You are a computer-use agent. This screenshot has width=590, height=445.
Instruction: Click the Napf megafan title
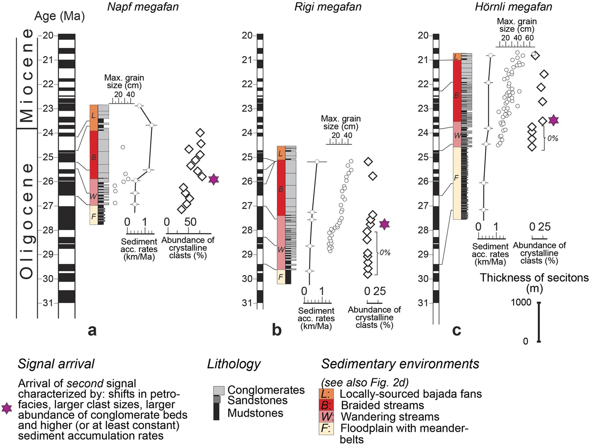[x=143, y=7]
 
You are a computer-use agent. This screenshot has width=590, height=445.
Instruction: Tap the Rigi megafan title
[x=328, y=7]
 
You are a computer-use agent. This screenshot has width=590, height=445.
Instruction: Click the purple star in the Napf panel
[x=214, y=179]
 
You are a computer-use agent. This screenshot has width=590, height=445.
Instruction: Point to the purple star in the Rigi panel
[x=384, y=224]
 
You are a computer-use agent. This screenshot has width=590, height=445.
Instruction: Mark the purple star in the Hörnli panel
[x=554, y=120]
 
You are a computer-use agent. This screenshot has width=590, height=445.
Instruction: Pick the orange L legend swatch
[x=326, y=394]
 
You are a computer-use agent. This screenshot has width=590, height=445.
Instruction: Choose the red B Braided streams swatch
[x=326, y=405]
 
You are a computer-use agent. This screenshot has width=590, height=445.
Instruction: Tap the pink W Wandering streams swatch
[x=326, y=417]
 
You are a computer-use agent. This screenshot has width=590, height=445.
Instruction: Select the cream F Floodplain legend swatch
[x=326, y=429]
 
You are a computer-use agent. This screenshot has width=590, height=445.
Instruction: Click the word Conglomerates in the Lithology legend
[x=266, y=390]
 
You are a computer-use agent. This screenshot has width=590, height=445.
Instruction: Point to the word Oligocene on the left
[x=27, y=221]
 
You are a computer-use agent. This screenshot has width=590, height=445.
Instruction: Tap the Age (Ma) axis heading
[x=60, y=16]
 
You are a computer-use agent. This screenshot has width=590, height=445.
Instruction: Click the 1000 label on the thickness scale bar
[x=521, y=302]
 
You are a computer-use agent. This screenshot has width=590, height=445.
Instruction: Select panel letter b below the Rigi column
[x=276, y=330]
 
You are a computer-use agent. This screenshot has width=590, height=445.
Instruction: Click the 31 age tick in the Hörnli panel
[x=423, y=303]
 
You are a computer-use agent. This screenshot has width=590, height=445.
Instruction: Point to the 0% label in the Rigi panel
[x=385, y=253]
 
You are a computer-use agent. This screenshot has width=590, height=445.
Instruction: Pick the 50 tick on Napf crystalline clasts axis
[x=190, y=222]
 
